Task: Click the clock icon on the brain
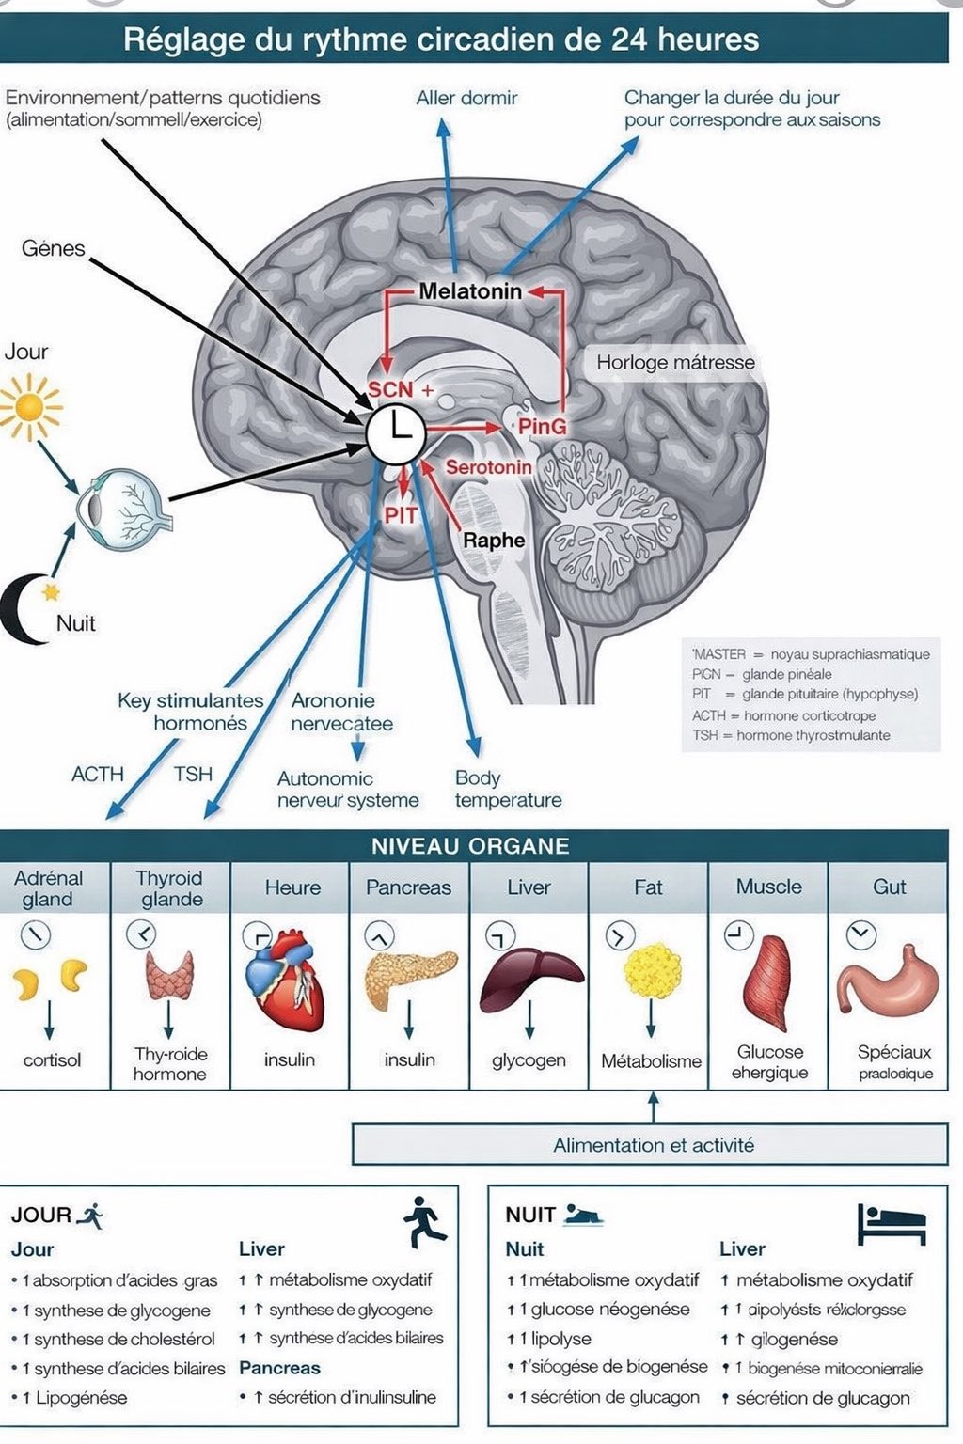click(396, 433)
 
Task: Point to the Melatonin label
click(470, 291)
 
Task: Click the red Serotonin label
click(488, 467)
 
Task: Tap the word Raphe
click(494, 541)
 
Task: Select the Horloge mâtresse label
click(675, 363)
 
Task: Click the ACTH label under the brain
click(98, 774)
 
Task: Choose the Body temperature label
click(508, 789)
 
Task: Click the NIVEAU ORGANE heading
click(470, 845)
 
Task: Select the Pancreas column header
click(408, 887)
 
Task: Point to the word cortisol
click(52, 1059)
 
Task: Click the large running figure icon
click(425, 1222)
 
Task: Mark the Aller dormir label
click(466, 98)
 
